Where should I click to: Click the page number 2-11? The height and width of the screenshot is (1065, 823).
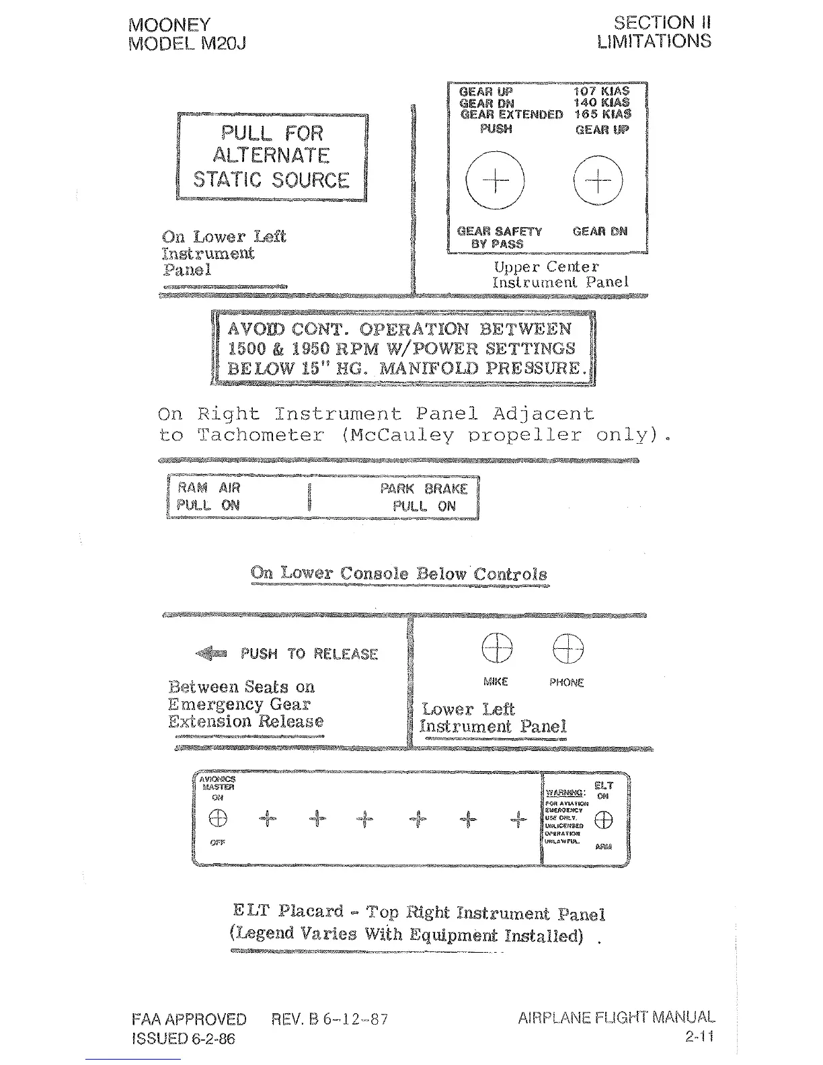(699, 1036)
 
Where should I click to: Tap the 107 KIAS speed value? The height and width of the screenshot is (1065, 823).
(601, 91)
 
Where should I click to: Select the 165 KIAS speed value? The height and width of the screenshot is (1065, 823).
(602, 114)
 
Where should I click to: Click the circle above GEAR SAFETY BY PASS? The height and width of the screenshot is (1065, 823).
(495, 180)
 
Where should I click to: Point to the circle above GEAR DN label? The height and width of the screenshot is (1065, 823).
(598, 180)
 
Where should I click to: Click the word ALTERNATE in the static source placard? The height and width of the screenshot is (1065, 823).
(271, 156)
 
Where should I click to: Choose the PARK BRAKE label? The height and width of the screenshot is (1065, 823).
(424, 489)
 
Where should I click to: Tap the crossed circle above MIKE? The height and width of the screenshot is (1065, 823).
(497, 649)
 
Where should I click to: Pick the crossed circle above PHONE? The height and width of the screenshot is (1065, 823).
(568, 649)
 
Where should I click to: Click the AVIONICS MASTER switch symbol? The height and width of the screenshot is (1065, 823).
(217, 818)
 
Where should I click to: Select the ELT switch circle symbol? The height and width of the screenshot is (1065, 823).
(604, 820)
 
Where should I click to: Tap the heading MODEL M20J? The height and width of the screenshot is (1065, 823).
(187, 44)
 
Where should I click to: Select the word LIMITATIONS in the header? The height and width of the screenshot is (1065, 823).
(654, 42)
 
